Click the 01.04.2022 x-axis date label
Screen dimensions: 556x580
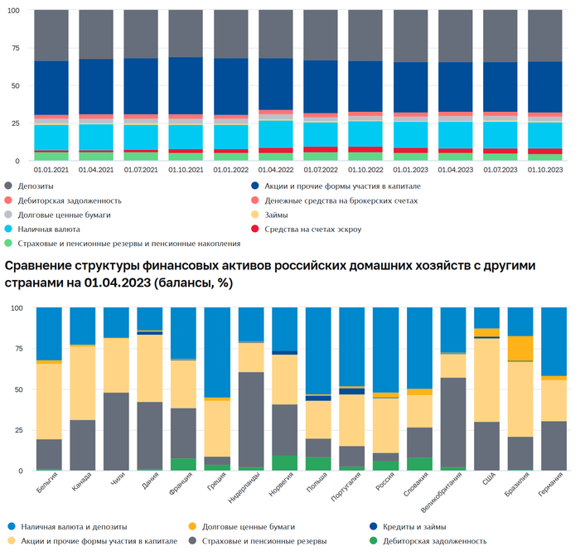pyautogui.click(x=276, y=170)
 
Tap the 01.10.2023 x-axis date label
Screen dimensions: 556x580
pyautogui.click(x=545, y=170)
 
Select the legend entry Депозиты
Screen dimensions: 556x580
pyautogui.click(x=41, y=186)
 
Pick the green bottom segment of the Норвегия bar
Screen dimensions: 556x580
pyautogui.click(x=284, y=462)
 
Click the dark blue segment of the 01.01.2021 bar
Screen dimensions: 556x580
pyautogui.click(x=51, y=88)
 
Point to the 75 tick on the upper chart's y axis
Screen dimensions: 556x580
pyautogui.click(x=17, y=48)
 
